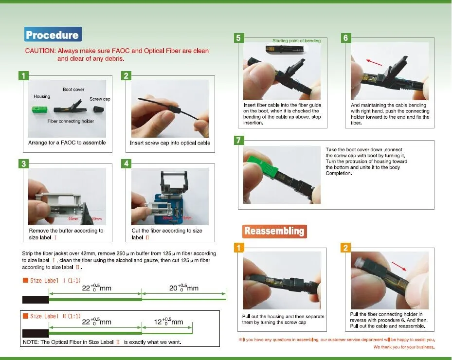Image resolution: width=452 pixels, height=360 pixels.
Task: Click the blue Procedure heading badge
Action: coord(53,35)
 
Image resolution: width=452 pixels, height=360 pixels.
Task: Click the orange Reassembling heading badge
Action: coord(274,231)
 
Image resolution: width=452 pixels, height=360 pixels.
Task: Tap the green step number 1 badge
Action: coord(23,76)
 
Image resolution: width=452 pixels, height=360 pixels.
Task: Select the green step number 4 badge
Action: coord(127,164)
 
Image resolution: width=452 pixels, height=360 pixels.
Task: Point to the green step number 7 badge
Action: coord(239,141)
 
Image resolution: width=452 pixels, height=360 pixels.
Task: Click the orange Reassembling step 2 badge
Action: coord(345,248)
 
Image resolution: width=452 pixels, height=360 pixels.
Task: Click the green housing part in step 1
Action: coord(40,109)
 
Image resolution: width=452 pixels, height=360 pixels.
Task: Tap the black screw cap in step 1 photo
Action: coord(99,109)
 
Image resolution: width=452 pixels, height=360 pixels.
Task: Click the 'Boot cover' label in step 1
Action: coord(73,90)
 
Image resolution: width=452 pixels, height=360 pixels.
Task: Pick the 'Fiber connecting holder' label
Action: coord(71,121)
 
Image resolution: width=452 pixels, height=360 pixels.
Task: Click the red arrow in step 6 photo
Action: coord(374,62)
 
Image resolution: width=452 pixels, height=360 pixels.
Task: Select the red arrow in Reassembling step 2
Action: coord(399,266)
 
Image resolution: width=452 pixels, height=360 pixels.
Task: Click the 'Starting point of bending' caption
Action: coord(297,41)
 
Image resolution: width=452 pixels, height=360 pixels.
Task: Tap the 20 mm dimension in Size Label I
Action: coord(183,288)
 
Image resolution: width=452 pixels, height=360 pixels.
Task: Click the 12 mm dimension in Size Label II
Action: coord(168,322)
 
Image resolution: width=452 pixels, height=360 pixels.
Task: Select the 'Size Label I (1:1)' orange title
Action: coord(52,280)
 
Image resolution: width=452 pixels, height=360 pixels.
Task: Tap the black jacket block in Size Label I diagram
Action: coord(36,300)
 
